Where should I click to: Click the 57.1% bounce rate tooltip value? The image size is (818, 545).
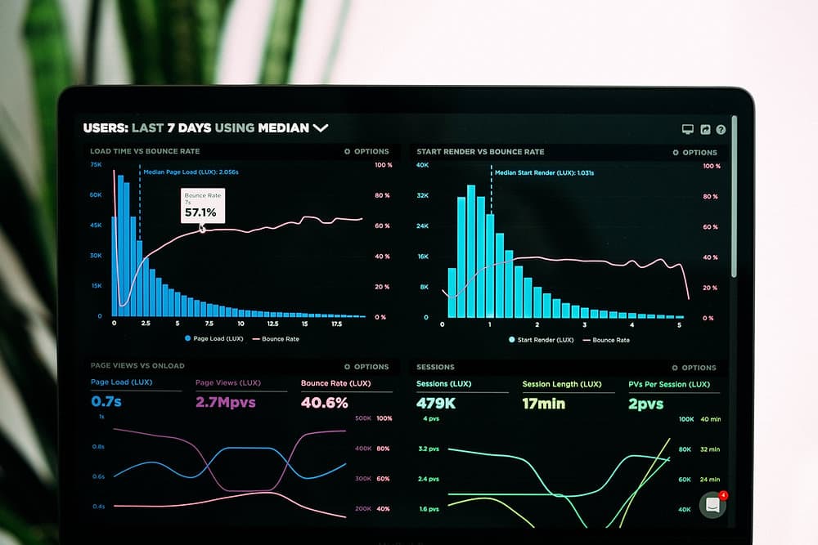200,212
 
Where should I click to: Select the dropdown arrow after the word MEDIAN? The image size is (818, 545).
321,127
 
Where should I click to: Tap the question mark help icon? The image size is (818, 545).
721,129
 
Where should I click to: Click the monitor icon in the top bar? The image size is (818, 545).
688,129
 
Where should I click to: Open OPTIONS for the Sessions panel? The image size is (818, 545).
694,368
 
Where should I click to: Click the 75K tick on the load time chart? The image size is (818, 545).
96,164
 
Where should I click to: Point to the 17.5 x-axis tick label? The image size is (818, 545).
336,324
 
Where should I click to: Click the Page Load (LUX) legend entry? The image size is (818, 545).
214,338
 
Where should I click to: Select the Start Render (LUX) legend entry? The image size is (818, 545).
541,340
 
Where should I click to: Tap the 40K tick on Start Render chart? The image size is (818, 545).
422,165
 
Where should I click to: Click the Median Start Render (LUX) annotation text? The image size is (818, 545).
545,172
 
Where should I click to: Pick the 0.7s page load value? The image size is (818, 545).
106,402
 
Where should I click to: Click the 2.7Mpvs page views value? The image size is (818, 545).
226,402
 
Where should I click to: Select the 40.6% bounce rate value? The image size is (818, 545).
325,402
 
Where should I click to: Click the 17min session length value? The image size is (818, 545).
544,403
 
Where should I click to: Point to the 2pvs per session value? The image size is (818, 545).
646,403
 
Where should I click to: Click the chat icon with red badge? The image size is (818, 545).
712,504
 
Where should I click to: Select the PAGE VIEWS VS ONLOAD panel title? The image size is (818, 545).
137,365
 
